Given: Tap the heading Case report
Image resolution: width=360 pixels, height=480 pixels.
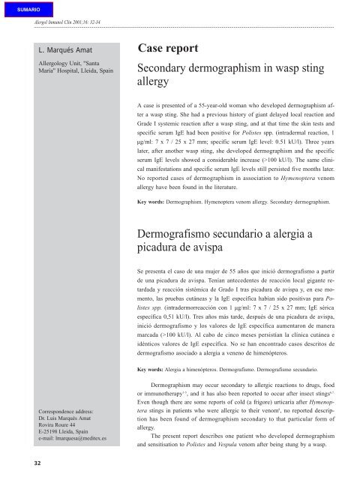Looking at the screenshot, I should (x=169, y=49).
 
